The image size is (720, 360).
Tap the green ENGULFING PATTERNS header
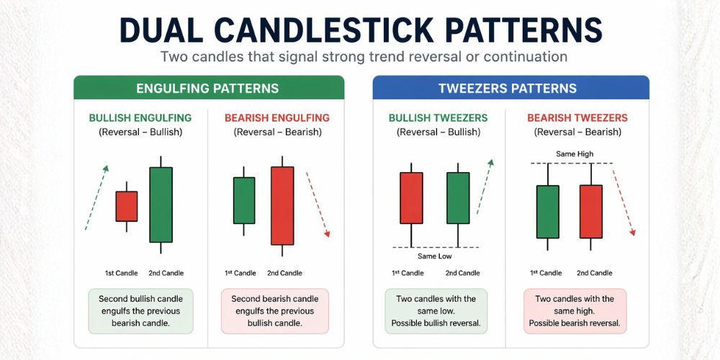point(209,89)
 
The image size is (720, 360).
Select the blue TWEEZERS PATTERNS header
point(510,89)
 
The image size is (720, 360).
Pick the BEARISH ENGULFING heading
point(277,118)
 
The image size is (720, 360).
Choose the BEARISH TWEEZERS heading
point(577,118)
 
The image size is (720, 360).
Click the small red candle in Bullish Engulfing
point(127,206)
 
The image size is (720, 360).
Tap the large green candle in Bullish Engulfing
point(161,204)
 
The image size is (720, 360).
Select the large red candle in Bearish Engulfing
point(282,206)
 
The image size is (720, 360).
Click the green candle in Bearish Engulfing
point(244,200)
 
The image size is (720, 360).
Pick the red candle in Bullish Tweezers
point(411,198)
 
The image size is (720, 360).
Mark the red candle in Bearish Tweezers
point(591,211)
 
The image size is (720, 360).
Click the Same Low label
point(434,256)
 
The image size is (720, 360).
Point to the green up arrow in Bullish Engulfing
point(96,197)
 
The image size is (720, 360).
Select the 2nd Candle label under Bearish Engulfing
point(284,273)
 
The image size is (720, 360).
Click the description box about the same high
point(575,311)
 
